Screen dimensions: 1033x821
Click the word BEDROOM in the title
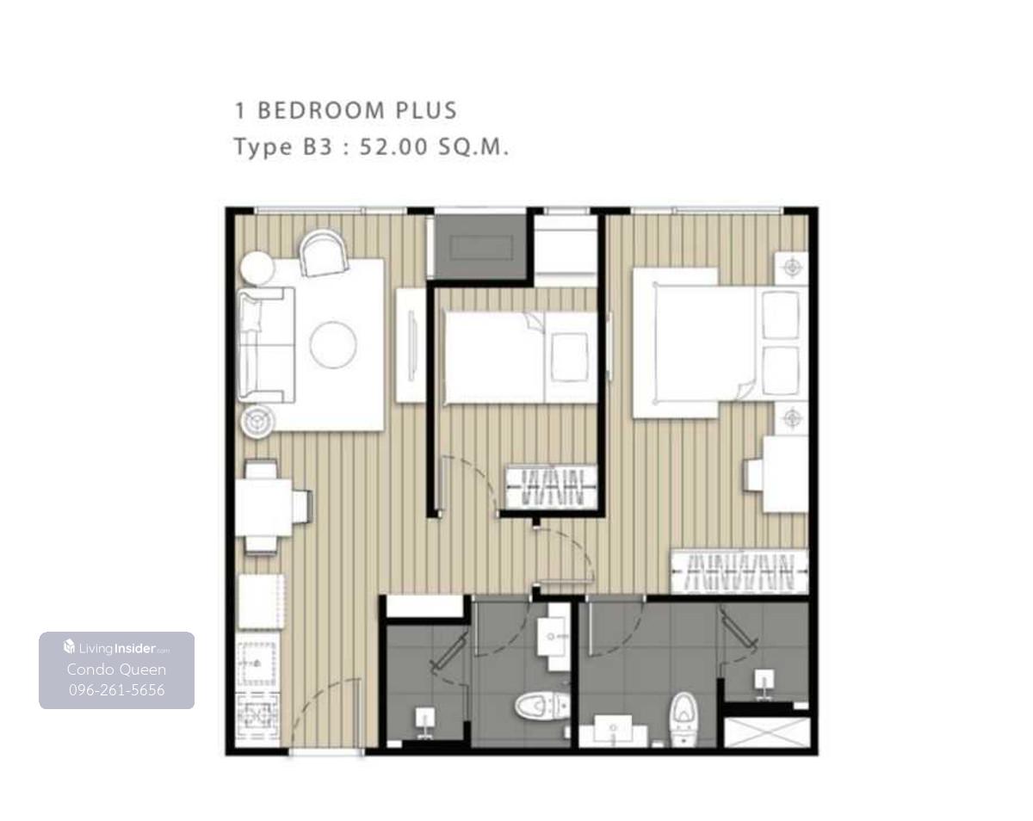(x=321, y=111)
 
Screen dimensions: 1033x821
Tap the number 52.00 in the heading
(x=393, y=147)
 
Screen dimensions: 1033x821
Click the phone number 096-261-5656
(x=117, y=690)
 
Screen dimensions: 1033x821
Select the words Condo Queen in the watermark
(x=117, y=670)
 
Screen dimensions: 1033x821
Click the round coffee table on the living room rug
(x=333, y=345)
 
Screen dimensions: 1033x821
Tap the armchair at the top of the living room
(x=324, y=253)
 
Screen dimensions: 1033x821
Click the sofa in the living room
(x=266, y=345)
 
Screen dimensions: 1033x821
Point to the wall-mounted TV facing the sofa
(x=411, y=345)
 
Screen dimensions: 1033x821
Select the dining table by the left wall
(x=263, y=508)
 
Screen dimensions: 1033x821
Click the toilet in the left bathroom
(x=542, y=706)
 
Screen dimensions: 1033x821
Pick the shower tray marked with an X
(x=767, y=732)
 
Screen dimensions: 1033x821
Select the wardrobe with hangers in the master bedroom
(x=739, y=572)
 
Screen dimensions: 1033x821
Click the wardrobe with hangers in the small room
(x=551, y=486)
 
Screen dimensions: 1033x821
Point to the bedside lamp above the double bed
(x=792, y=268)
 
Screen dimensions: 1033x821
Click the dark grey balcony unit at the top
(x=480, y=247)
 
